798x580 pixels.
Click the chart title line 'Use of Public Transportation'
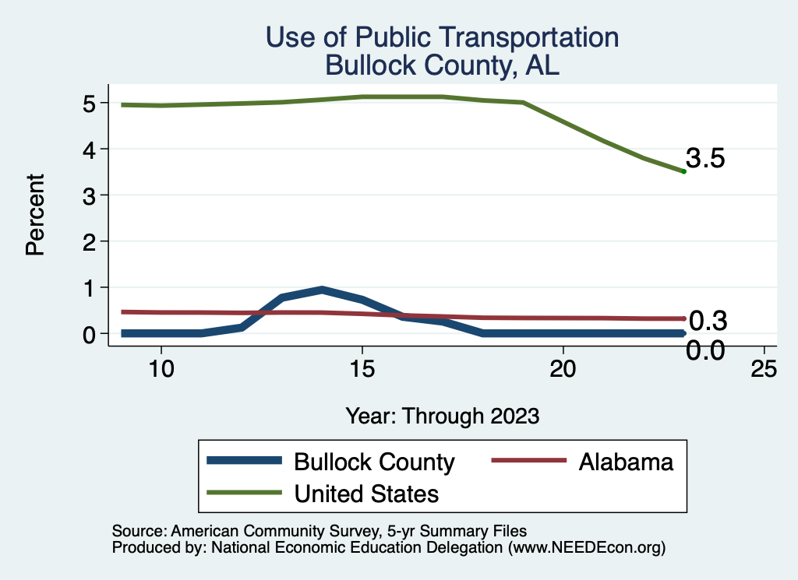[442, 37]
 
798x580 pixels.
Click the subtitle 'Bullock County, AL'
[442, 65]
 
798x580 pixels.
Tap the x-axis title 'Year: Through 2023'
[442, 417]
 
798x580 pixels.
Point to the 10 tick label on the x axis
[161, 368]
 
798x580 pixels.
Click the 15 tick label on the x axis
[362, 368]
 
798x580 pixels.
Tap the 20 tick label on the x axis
[563, 368]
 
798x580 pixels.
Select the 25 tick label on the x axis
[764, 368]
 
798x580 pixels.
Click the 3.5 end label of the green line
[706, 159]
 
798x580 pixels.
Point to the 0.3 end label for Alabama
[708, 320]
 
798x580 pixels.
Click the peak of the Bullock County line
[322, 290]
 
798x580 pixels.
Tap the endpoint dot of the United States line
[683, 171]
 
